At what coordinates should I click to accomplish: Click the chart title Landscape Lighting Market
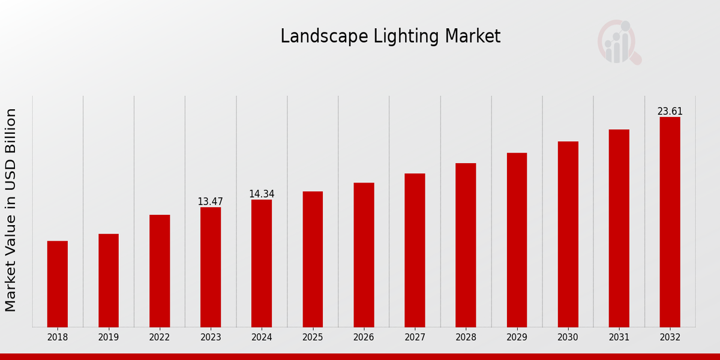click(390, 37)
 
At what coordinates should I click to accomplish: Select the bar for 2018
click(58, 284)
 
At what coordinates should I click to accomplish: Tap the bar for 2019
click(109, 280)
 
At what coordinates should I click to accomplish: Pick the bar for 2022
click(160, 271)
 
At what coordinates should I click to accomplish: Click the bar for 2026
click(364, 255)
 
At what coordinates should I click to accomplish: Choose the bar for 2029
click(517, 240)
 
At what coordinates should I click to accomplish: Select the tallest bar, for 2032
click(670, 222)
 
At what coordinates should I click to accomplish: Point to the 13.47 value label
click(211, 202)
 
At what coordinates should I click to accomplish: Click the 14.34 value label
click(262, 194)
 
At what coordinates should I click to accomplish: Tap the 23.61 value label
click(670, 112)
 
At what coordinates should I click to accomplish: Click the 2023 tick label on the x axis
click(211, 338)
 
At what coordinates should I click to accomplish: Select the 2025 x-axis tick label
click(313, 338)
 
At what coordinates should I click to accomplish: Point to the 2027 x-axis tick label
click(415, 338)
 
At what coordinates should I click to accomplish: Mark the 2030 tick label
click(568, 338)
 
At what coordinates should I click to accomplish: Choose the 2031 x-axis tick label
click(619, 338)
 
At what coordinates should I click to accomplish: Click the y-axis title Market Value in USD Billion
click(11, 210)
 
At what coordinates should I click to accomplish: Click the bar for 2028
click(466, 245)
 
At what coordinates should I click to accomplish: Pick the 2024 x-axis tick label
click(262, 338)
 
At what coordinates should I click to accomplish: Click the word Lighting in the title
click(407, 37)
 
